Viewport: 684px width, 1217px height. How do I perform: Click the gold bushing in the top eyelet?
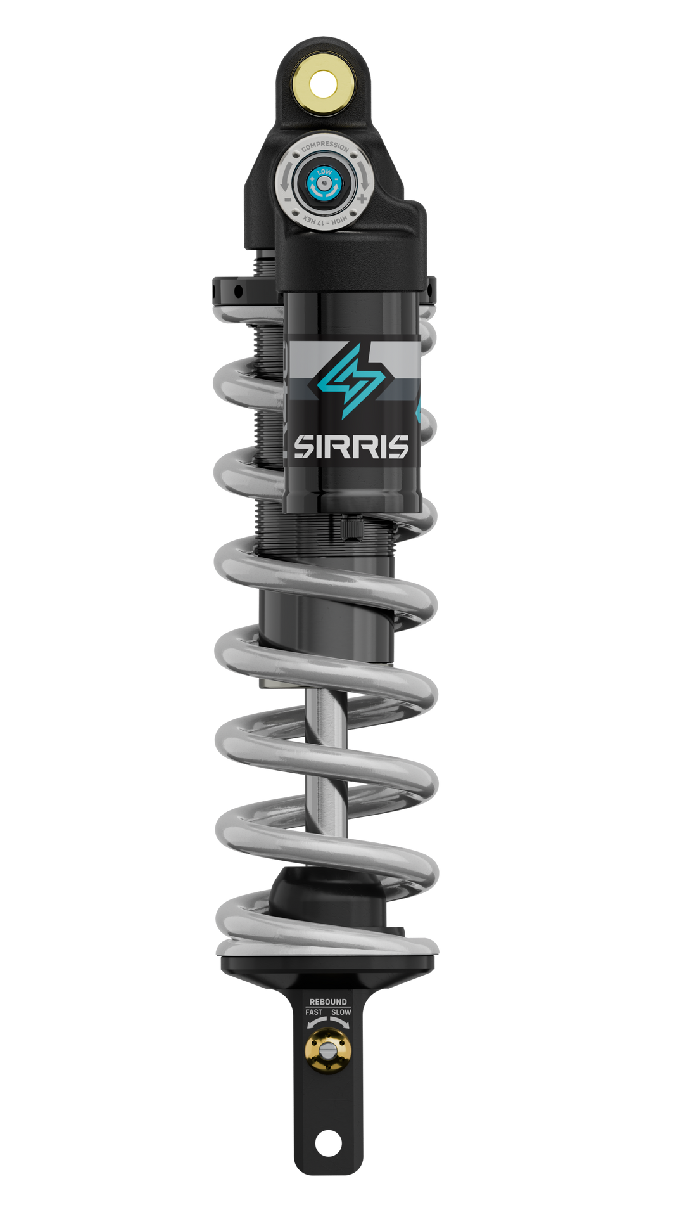323,82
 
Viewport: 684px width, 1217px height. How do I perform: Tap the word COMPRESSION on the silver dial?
325,147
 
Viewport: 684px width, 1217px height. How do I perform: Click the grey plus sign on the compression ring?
362,198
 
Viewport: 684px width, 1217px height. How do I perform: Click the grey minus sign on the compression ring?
288,198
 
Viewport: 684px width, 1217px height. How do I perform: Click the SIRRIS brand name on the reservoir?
351,447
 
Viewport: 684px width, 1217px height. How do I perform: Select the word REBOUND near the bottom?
328,1002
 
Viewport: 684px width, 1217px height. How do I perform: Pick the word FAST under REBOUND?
314,1012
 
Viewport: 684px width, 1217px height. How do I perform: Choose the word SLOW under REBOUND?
341,1012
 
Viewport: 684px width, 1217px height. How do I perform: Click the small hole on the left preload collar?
238,292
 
